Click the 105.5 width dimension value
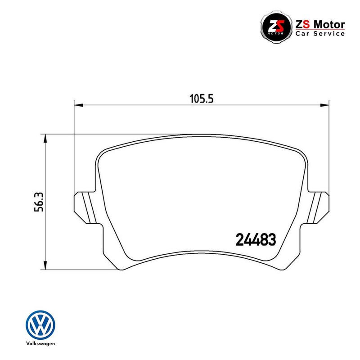[x=201, y=99]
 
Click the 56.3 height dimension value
[x=39, y=202]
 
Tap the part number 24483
[x=256, y=240]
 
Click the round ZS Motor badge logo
[x=276, y=27]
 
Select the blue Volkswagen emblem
[x=40, y=325]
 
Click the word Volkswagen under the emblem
[x=40, y=344]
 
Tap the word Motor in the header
[x=329, y=25]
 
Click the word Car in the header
[x=303, y=34]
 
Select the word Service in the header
[x=329, y=34]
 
